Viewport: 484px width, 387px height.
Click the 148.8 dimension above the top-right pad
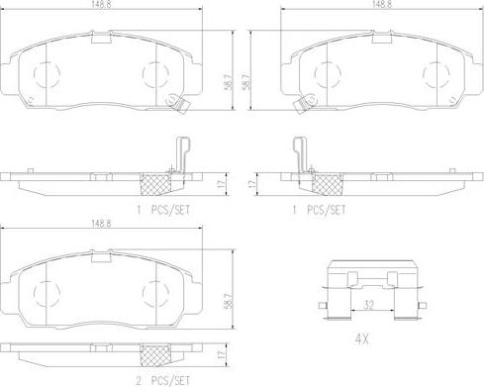coord(379,5)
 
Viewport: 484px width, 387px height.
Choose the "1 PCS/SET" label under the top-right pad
coord(320,210)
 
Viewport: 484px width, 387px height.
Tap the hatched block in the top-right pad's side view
coord(325,183)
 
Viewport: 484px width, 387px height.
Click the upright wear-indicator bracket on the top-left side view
coord(181,155)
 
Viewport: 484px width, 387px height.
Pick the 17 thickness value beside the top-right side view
coord(254,183)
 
